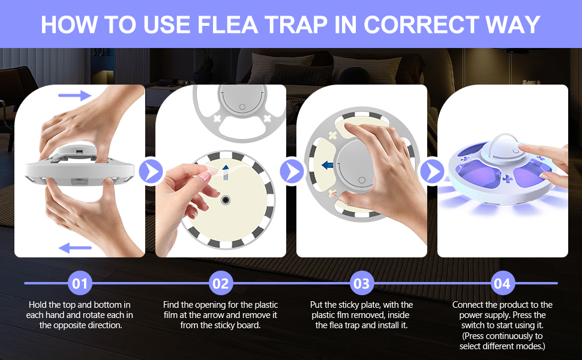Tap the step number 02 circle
tap(221, 283)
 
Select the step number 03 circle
tap(362, 283)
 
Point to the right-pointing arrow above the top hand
tap(75, 95)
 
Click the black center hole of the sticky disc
tap(225, 199)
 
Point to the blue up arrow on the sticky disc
tap(225, 170)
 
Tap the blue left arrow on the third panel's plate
tap(326, 165)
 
